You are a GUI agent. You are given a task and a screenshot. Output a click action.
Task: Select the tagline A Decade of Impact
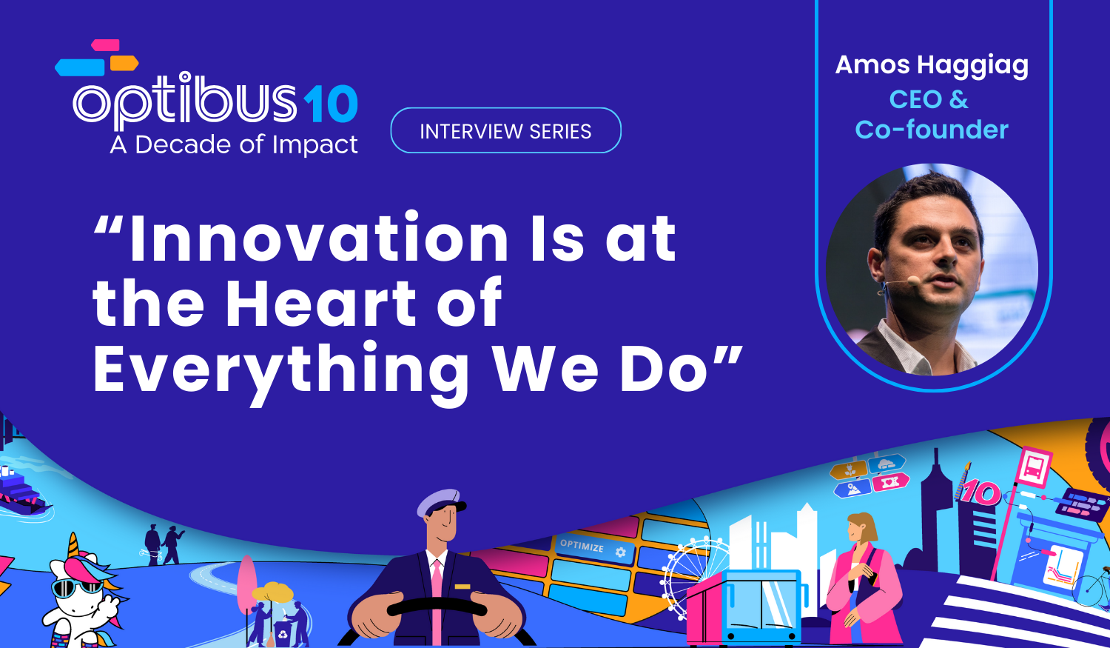(234, 144)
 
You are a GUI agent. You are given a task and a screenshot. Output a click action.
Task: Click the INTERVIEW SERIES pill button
(505, 131)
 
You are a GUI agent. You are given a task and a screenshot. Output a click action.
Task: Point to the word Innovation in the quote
(319, 238)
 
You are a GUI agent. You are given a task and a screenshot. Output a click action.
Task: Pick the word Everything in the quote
(282, 370)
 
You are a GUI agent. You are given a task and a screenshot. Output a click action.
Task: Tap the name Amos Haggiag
(932, 65)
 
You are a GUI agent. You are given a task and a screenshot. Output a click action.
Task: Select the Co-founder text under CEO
(932, 130)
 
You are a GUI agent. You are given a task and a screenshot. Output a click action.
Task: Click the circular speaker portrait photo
(932, 270)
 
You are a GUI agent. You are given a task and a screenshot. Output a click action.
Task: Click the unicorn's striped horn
(73, 546)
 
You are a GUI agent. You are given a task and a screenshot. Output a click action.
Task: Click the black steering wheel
(437, 609)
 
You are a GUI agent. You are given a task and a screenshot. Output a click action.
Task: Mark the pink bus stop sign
(1034, 467)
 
